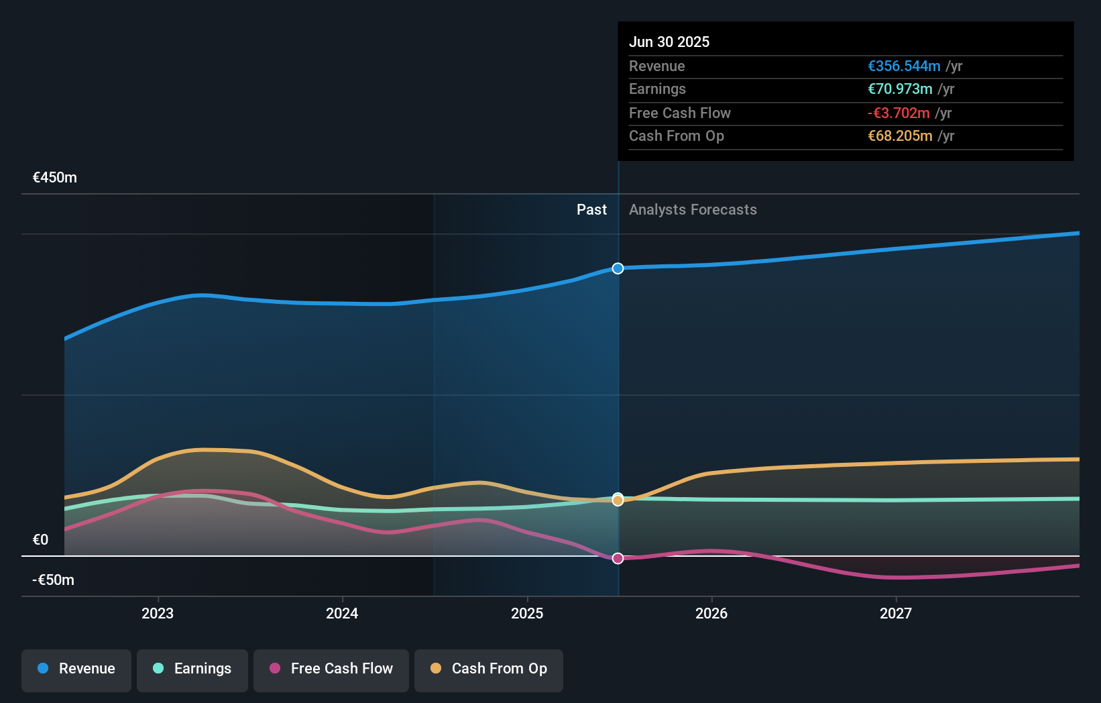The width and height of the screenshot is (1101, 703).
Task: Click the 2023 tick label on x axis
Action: click(158, 614)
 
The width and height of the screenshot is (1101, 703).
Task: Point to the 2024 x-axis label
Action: click(342, 614)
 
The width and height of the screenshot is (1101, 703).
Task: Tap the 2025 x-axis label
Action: click(527, 614)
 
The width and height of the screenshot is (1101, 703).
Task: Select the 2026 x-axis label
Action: click(711, 614)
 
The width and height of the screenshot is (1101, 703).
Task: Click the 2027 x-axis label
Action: click(896, 614)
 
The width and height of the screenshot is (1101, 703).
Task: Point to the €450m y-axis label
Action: click(55, 178)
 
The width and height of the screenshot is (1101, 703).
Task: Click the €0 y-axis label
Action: click(40, 540)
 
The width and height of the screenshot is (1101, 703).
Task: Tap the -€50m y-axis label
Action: click(54, 580)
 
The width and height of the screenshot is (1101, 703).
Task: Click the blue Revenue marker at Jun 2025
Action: click(618, 268)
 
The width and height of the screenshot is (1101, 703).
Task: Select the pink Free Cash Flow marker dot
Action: click(618, 558)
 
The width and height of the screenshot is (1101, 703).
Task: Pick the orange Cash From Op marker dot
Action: click(618, 500)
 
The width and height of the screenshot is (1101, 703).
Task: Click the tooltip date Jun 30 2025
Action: click(669, 42)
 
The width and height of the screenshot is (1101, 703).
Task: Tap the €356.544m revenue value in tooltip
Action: click(904, 66)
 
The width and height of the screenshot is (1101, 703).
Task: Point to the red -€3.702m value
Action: click(899, 113)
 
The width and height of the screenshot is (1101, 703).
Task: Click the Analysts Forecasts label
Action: click(693, 210)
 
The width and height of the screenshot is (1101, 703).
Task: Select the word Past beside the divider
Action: click(591, 210)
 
